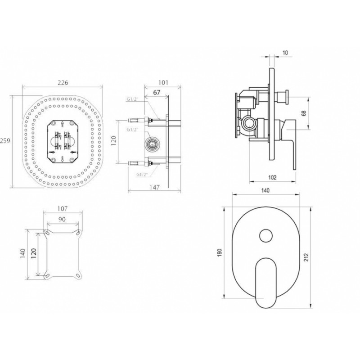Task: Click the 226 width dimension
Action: (x=63, y=82)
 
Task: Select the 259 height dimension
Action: (x=5, y=140)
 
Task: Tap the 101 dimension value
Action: (x=163, y=82)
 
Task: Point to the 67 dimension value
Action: (x=157, y=93)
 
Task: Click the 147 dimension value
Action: (x=154, y=188)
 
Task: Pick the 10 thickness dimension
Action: (x=285, y=53)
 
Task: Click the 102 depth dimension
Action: (x=272, y=177)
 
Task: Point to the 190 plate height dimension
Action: (x=220, y=252)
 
